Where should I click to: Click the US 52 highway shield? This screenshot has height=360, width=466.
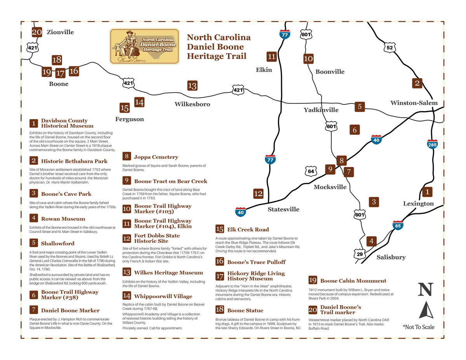389,48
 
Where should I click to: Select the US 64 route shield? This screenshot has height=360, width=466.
311,171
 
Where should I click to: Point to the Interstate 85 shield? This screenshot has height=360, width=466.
398,225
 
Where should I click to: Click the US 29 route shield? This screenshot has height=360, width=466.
359,254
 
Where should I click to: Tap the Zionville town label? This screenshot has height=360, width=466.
60,32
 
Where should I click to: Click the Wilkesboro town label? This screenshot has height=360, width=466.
192,104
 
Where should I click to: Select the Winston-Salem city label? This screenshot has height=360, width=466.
414,103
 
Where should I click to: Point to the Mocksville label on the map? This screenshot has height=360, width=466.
330,187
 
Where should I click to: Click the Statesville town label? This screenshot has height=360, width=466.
283,209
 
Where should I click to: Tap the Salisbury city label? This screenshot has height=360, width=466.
391,257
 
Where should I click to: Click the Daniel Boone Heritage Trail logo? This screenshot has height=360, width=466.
144,46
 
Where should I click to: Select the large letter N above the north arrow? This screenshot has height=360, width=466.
426,290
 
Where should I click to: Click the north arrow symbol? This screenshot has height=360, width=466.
426,310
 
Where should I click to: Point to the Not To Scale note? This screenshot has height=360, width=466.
419,327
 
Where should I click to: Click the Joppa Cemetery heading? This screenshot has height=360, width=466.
156,157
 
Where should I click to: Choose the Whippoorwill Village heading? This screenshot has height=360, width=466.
163,296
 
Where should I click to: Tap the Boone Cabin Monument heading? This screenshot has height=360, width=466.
353,281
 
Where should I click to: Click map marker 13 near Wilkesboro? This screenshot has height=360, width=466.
192,85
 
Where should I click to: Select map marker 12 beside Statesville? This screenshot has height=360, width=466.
258,193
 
